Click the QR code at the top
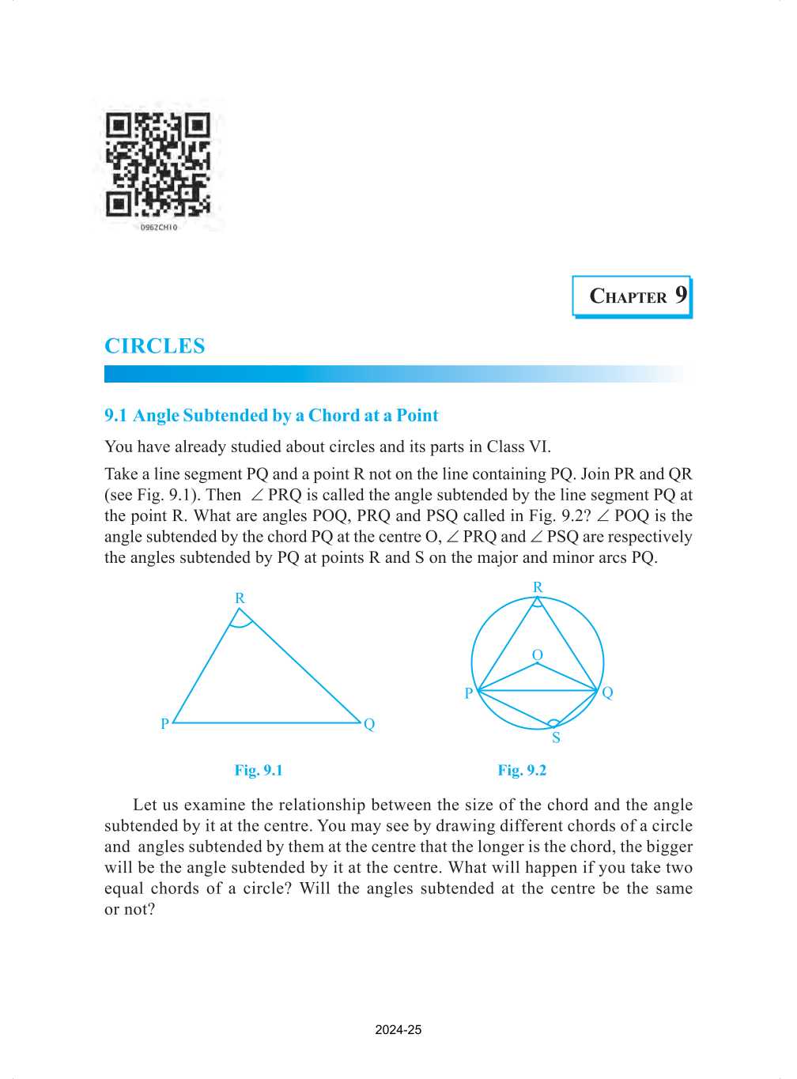click(158, 165)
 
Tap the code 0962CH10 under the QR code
click(159, 228)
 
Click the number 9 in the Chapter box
click(681, 295)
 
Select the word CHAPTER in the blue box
click(629, 297)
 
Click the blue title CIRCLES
click(155, 346)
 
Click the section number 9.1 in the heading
click(115, 416)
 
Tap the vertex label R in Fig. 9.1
click(240, 598)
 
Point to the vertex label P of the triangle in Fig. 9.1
click(164, 724)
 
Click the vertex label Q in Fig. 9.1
click(369, 724)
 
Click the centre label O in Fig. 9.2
click(538, 655)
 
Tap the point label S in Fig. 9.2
click(556, 738)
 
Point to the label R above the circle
click(538, 587)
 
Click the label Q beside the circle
click(607, 692)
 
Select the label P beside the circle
click(469, 693)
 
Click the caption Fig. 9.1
click(259, 771)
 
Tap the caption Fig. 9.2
click(522, 771)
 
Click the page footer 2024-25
click(398, 1030)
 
